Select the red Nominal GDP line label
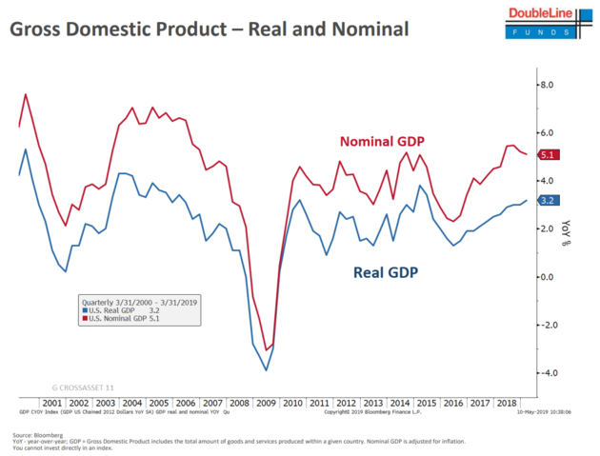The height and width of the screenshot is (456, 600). point(382,142)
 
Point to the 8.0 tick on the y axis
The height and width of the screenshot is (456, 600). point(547,85)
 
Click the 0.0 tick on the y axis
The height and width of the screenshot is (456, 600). point(547,277)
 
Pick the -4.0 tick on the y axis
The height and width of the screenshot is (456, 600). point(545,372)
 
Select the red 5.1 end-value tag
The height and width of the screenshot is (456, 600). point(548,155)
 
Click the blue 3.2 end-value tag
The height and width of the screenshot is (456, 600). point(548,201)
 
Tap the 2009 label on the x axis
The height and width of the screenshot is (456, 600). point(267,403)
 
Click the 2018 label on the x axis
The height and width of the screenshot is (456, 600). point(506,403)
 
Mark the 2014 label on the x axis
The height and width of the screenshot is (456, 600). point(399,403)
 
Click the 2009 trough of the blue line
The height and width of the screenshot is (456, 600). point(267,370)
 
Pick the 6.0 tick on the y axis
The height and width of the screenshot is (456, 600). point(547,133)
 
